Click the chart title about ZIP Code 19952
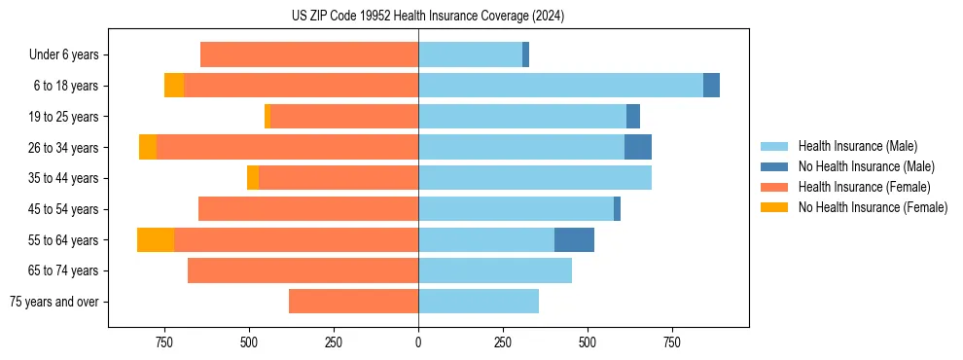point(427,17)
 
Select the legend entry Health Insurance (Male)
point(857,146)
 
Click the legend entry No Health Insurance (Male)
point(866,166)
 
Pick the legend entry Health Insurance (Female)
point(865,187)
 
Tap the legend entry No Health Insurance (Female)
point(873,207)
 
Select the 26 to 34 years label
point(64,148)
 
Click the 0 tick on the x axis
point(418,342)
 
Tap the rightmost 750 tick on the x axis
point(671,342)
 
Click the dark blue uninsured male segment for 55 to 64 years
point(574,239)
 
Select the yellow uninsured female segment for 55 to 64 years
point(156,239)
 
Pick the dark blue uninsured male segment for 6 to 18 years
point(711,86)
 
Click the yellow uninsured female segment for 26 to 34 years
point(148,147)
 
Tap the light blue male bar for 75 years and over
point(479,302)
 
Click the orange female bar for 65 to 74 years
point(303,270)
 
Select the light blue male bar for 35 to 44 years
point(535,178)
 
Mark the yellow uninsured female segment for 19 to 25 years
point(267,117)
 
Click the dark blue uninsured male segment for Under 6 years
point(525,54)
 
